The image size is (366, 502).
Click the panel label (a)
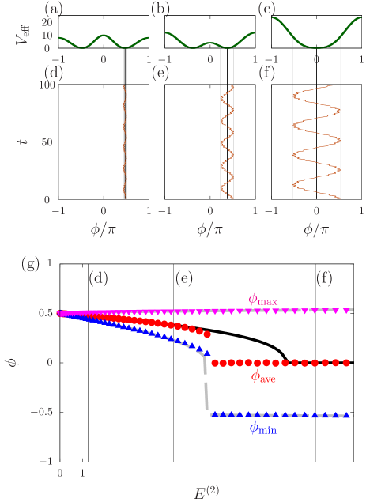(54, 9)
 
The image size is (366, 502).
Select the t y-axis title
(22, 142)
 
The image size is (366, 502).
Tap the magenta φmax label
(262, 298)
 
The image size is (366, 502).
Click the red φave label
(264, 377)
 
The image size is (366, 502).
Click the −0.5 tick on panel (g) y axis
(39, 412)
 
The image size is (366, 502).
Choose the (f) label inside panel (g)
(324, 278)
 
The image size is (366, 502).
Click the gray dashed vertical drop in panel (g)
(206, 387)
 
